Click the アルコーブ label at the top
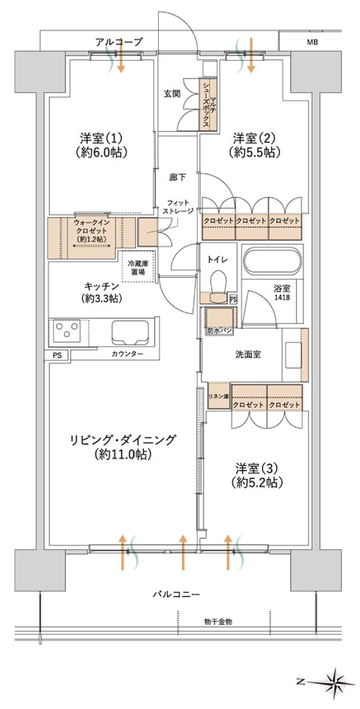click(x=119, y=41)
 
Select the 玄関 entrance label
click(x=172, y=93)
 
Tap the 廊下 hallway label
click(x=177, y=177)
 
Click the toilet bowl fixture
click(x=217, y=281)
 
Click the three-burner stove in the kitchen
click(x=67, y=332)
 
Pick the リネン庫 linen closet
click(x=218, y=397)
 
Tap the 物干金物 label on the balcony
click(x=218, y=621)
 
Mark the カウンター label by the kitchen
click(x=127, y=354)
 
